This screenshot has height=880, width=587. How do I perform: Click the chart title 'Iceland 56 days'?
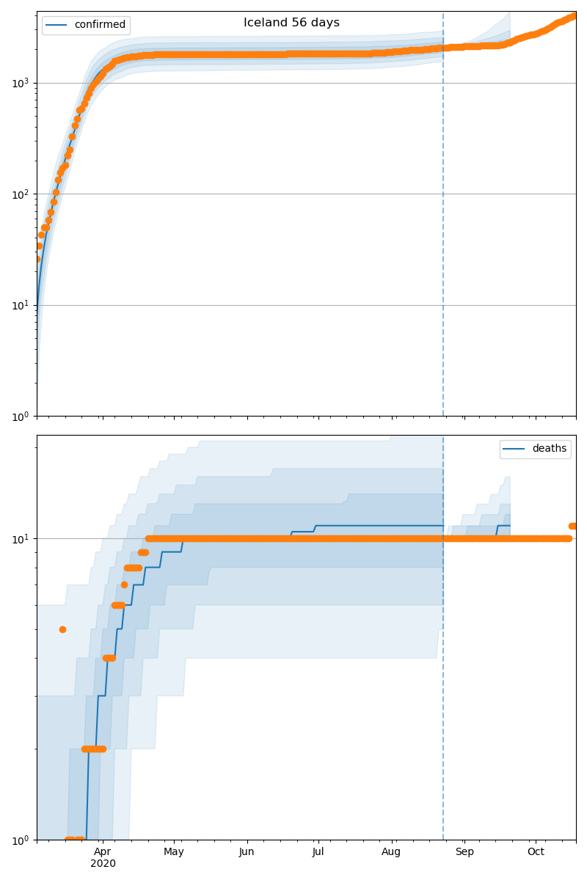[291, 23]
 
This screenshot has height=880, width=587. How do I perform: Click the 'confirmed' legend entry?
[100, 25]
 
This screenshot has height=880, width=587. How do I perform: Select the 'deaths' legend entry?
[549, 449]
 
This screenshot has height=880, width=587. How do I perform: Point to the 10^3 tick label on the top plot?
[21, 83]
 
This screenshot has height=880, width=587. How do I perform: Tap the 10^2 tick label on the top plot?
[21, 194]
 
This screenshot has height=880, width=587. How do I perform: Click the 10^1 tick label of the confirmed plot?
[21, 305]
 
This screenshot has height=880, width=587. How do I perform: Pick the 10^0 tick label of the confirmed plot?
[21, 417]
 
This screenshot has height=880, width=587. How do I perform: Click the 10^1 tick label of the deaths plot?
[21, 539]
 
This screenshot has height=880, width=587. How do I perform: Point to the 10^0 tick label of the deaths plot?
[21, 840]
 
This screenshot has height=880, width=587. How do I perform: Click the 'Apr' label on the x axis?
[103, 851]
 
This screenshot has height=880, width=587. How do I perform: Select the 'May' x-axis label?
[174, 851]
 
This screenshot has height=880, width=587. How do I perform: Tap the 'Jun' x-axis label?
[247, 851]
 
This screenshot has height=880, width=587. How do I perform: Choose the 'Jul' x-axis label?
[318, 851]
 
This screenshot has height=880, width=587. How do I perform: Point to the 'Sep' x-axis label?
[464, 851]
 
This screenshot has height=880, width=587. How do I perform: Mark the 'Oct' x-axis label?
[536, 851]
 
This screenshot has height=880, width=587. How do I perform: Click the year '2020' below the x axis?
[103, 863]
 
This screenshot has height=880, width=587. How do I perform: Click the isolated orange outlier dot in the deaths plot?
[62, 629]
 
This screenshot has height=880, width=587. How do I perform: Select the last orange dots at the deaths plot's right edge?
[573, 526]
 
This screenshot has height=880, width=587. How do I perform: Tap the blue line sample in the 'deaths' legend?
[514, 449]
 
